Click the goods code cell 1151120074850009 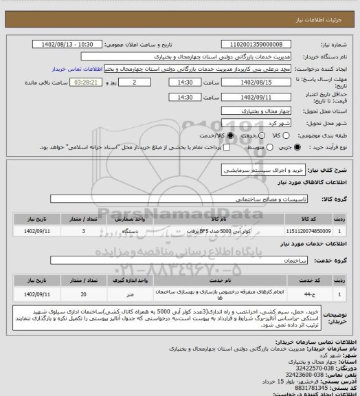pyautogui.click(x=306, y=232)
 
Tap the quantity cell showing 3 pyautogui.click(x=84, y=232)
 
